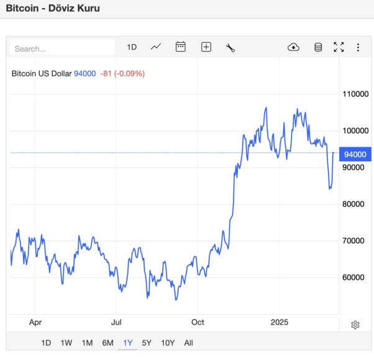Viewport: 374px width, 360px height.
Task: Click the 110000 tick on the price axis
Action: pyautogui.click(x=356, y=95)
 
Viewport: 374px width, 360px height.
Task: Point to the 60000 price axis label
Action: pyautogui.click(x=354, y=277)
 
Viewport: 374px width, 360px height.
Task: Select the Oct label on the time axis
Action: pyautogui.click(x=198, y=322)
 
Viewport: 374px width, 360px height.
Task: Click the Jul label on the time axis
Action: pyautogui.click(x=116, y=322)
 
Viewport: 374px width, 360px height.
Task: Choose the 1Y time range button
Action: pyautogui.click(x=128, y=343)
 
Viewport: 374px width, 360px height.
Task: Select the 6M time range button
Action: pyautogui.click(x=107, y=343)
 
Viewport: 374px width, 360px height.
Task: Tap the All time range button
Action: pyautogui.click(x=189, y=343)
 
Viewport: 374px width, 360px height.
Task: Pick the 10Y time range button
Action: pyautogui.click(x=168, y=343)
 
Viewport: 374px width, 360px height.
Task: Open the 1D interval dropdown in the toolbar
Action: pyautogui.click(x=132, y=47)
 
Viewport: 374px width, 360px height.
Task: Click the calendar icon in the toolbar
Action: pyautogui.click(x=181, y=47)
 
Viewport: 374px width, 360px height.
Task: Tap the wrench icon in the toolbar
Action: pyautogui.click(x=230, y=47)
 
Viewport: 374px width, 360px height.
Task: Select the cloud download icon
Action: pyautogui.click(x=294, y=47)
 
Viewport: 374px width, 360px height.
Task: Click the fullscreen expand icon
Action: pyautogui.click(x=339, y=47)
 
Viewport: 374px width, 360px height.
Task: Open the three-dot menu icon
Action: pyautogui.click(x=358, y=47)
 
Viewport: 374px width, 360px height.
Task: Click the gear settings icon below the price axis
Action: pyautogui.click(x=355, y=325)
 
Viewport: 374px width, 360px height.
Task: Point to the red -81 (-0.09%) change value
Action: pyautogui.click(x=122, y=73)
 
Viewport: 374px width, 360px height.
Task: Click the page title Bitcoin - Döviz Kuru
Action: pyautogui.click(x=53, y=9)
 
